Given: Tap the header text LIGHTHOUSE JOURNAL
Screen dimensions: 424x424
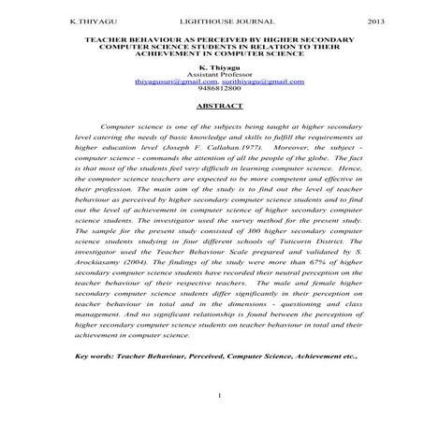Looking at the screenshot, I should click(x=212, y=20).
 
